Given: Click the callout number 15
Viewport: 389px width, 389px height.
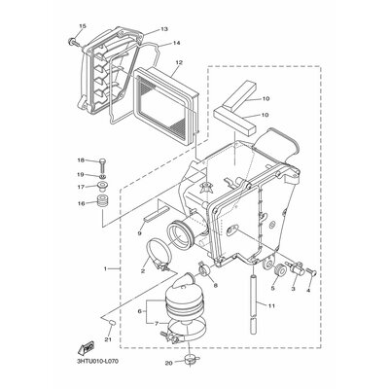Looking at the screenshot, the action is [83, 26].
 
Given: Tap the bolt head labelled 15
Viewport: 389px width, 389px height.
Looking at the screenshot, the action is [73, 42].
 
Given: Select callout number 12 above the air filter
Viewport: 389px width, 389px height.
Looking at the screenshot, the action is [179, 62].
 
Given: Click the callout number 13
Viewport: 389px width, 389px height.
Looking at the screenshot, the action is [164, 29].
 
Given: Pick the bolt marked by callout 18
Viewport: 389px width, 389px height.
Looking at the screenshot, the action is [102, 164].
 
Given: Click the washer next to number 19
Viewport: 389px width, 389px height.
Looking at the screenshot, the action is [102, 176].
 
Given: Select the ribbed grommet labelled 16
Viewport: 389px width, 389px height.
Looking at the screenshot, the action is [102, 202].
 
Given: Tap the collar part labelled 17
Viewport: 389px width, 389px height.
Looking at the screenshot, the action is [102, 188].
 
